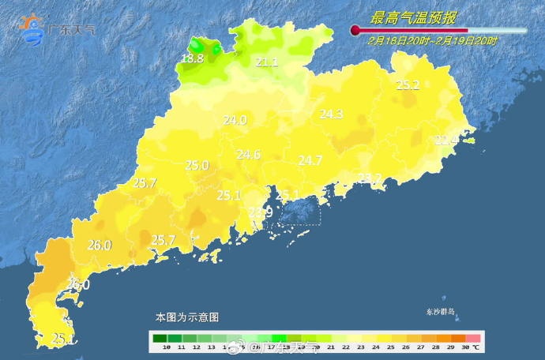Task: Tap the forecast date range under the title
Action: [x=432, y=40]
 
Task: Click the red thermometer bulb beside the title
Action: [x=355, y=30]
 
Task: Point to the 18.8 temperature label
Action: [x=192, y=58]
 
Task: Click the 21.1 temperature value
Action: [x=266, y=62]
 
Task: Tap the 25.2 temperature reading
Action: [x=408, y=85]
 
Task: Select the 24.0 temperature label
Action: [x=235, y=121]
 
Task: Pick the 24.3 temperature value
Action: [x=331, y=114]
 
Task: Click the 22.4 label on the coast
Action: [x=446, y=141]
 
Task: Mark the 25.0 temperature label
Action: [x=197, y=166]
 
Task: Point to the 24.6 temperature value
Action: [x=248, y=155]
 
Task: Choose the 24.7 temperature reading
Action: [x=310, y=160]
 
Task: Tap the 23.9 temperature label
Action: [x=261, y=212]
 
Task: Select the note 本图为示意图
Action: [x=187, y=317]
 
